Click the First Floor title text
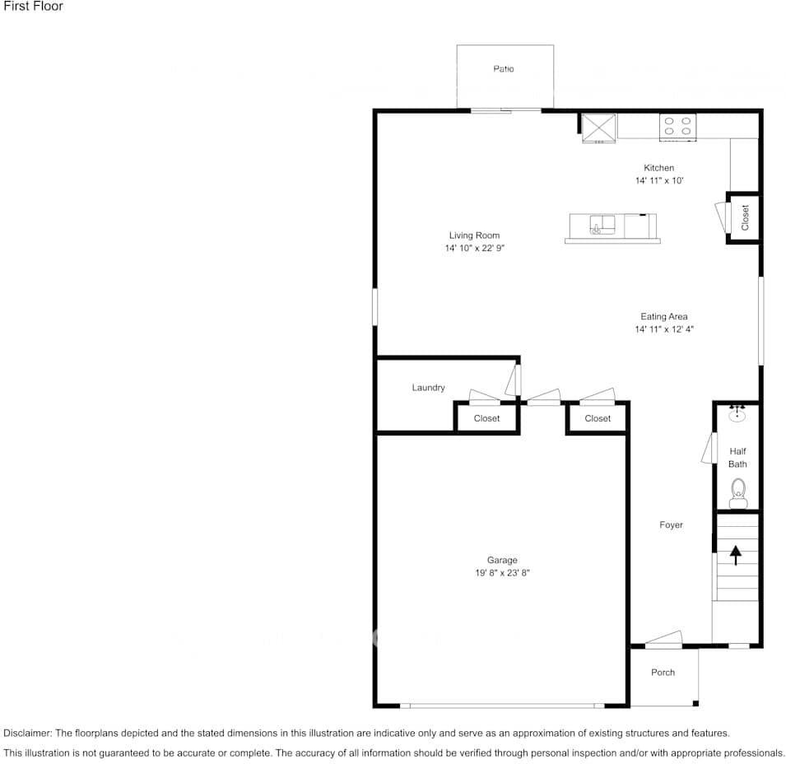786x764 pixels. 33,7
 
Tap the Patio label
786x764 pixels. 504,69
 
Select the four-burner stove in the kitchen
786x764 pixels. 677,126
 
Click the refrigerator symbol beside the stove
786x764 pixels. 599,128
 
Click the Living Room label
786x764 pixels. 474,235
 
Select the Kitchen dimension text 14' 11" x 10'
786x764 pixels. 659,180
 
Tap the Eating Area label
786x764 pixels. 664,317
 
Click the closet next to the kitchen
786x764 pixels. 744,217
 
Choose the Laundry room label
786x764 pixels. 428,388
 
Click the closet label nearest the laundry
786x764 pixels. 486,418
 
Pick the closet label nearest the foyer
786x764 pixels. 598,418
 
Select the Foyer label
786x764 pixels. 671,524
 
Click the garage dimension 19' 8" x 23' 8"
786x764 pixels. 502,573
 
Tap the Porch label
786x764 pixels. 663,673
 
